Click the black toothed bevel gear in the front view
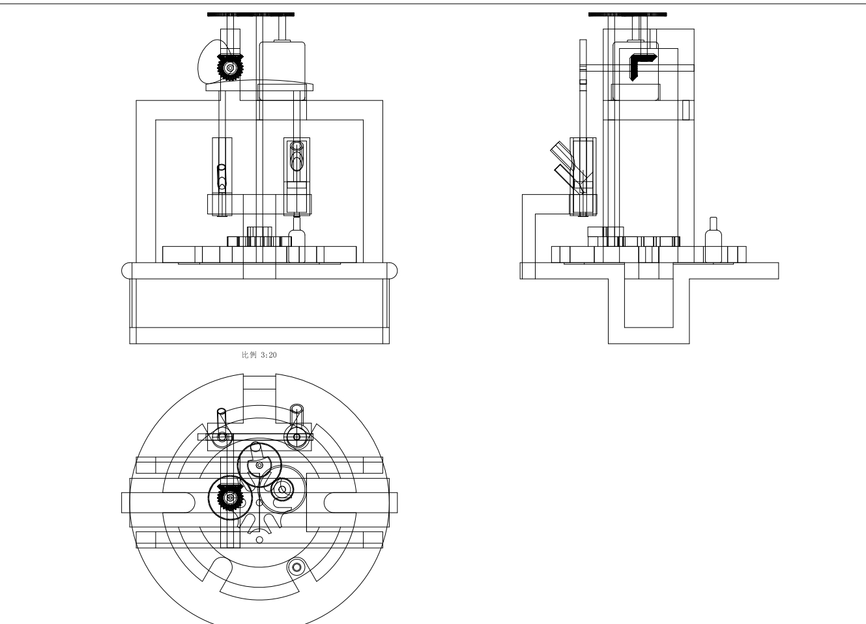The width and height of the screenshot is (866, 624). (x=229, y=67)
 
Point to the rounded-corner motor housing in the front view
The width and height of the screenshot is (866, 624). (x=283, y=70)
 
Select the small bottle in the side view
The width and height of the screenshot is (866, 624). (x=713, y=240)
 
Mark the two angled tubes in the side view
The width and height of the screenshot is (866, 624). (x=564, y=167)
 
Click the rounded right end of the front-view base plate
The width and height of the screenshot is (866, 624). (x=393, y=270)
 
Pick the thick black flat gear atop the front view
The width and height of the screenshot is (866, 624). (x=250, y=14)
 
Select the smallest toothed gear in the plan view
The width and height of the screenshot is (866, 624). (x=283, y=489)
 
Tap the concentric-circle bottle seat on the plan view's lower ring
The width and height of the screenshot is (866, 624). (x=297, y=567)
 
